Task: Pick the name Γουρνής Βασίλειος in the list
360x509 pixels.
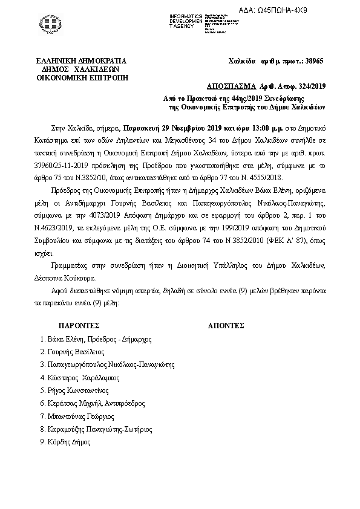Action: point(75,351)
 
